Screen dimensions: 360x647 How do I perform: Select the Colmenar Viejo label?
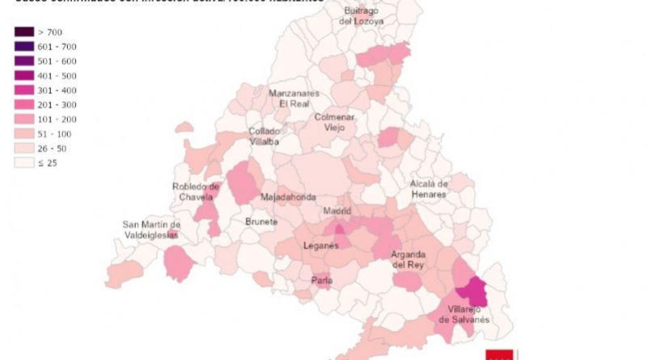334,122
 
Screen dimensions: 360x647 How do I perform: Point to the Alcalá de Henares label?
428,189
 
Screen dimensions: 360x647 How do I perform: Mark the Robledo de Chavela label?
196,192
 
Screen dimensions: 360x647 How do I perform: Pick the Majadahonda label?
288,197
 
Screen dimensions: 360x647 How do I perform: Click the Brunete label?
261,221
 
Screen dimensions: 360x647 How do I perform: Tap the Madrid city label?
337,211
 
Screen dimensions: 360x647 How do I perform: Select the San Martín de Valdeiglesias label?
151,230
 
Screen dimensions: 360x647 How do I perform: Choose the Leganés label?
320,246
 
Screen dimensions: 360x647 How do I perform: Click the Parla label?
321,281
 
